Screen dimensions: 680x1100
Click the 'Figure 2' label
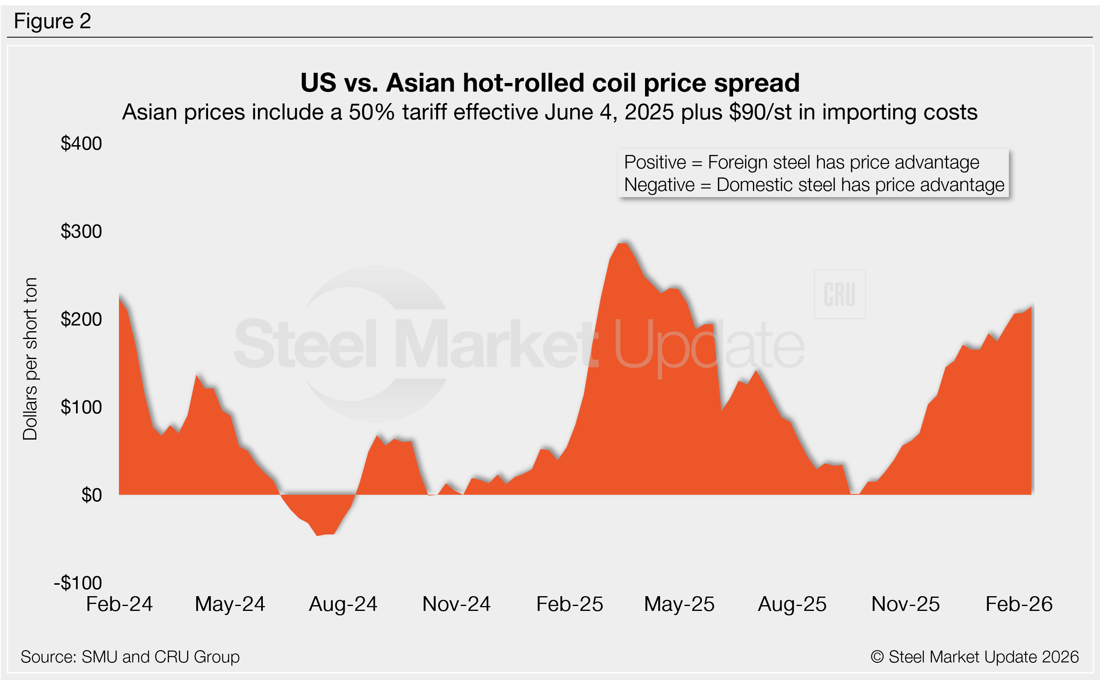(52, 21)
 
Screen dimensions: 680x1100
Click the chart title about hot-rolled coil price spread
(550, 83)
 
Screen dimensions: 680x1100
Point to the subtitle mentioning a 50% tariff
(550, 112)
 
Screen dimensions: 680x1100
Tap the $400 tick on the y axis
(81, 144)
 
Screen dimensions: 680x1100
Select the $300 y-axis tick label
(81, 231)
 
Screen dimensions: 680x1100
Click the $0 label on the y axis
(91, 495)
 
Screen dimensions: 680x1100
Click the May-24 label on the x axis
(230, 604)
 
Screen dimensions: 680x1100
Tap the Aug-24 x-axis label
(343, 604)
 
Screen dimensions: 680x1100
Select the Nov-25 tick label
(905, 604)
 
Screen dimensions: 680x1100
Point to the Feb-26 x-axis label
(1019, 604)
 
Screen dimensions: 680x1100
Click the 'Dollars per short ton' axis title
(30, 359)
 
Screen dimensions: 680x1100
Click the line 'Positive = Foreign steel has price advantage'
(802, 162)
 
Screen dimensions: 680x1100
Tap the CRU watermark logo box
(839, 294)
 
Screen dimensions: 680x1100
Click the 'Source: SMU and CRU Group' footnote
(130, 657)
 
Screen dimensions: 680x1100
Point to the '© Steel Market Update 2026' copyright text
(975, 657)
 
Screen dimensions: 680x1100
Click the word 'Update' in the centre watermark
(708, 346)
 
